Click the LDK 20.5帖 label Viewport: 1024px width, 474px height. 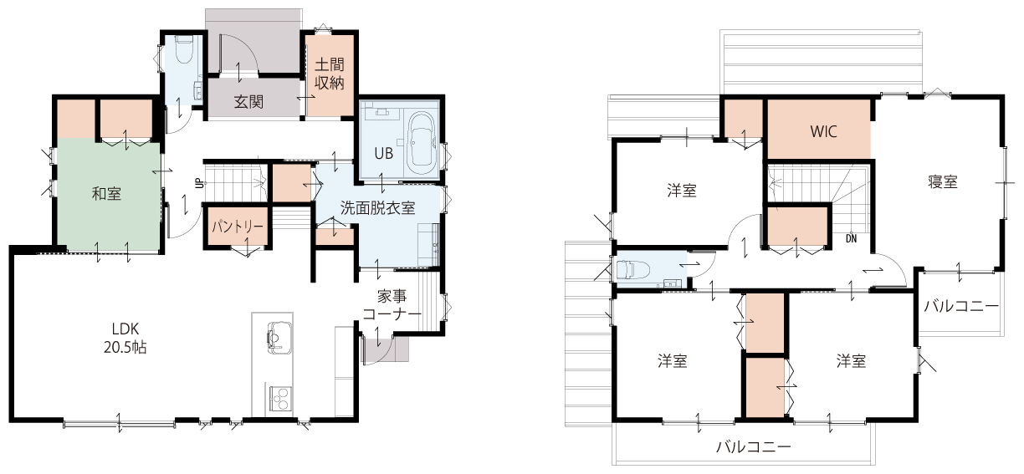coord(125,338)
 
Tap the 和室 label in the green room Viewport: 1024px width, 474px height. coord(106,194)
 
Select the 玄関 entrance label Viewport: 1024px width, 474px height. coord(248,101)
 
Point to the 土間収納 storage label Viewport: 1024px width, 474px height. coord(329,74)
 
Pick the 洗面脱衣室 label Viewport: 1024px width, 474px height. coord(377,208)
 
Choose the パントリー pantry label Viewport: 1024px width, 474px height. coord(238,227)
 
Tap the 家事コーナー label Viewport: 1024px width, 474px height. coord(392,305)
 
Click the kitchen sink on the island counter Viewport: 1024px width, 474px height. coord(279,338)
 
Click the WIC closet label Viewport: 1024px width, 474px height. coord(824,131)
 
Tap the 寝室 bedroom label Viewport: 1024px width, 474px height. coord(943,181)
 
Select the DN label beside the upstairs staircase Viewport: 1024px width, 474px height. coord(851,238)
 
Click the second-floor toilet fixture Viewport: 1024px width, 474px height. coord(633,270)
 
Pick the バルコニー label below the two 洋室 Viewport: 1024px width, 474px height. coord(754,446)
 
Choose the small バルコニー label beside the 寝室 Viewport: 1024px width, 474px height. coord(961,305)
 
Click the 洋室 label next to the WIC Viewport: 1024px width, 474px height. coord(682,191)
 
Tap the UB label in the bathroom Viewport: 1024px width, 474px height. coord(383,154)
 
